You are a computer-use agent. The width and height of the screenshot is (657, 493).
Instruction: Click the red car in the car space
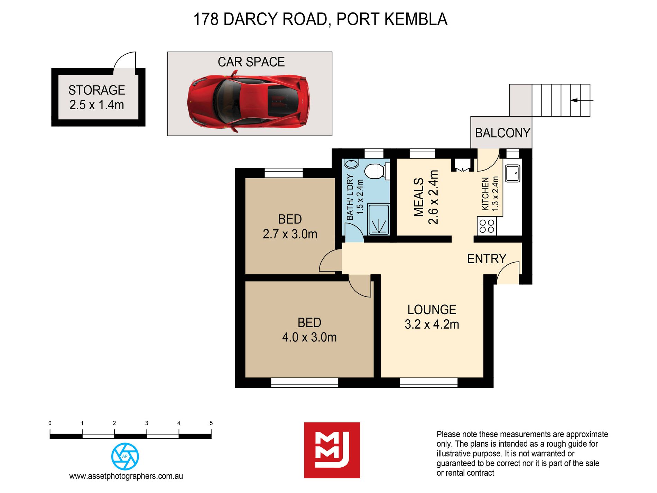248,101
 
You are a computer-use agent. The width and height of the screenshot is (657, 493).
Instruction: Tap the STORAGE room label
97,90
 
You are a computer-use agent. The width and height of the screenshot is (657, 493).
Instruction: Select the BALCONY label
502,133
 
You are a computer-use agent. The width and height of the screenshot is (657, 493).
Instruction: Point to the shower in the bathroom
379,220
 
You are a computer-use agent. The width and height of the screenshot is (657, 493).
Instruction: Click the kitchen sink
512,173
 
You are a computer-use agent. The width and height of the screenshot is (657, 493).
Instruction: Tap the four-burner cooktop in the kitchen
487,226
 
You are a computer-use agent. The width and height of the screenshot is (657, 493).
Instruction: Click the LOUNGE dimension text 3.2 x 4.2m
432,325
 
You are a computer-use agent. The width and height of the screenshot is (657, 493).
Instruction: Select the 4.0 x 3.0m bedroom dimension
309,337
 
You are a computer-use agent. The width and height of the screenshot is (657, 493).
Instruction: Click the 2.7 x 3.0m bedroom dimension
290,234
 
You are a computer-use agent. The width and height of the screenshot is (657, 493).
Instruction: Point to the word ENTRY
487,259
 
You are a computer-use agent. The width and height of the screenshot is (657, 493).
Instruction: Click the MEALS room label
419,197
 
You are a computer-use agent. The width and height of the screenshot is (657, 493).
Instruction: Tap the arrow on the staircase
582,100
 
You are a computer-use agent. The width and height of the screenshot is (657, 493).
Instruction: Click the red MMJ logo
332,450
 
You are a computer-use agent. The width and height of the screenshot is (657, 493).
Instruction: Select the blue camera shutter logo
125,456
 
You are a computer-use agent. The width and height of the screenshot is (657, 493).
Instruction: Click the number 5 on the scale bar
211,423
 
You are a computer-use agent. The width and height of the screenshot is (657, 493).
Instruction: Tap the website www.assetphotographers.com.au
126,476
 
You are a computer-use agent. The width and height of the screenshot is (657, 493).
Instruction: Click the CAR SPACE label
251,62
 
